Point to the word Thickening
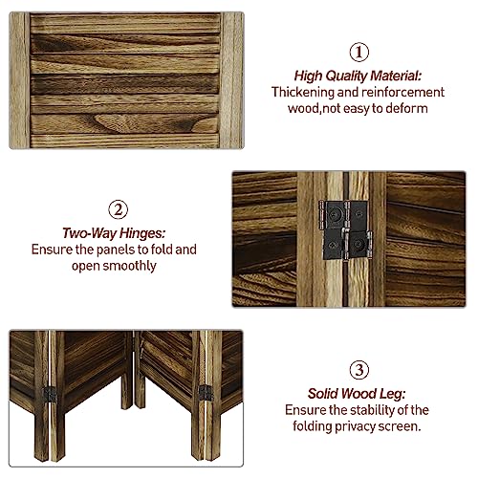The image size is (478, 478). [307, 92]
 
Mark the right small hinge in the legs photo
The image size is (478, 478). [205, 391]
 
